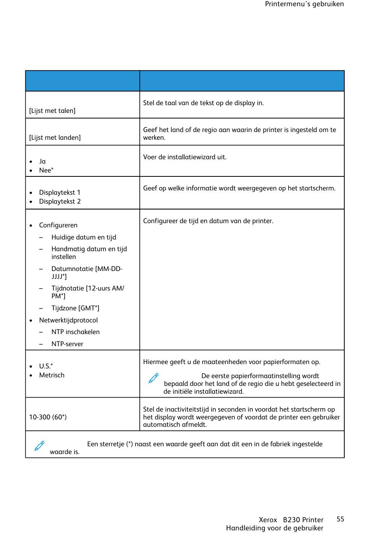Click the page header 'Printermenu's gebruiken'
pos(304,4)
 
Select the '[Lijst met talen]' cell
pos(52,111)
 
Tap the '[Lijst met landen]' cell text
pos(55,137)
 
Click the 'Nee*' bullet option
pos(46,170)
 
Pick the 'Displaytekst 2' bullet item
pos(60,201)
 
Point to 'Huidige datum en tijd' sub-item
pos(84,237)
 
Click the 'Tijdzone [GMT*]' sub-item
pos(75,308)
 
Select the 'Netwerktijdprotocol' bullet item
pos(68,320)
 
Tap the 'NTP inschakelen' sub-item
pos(76,332)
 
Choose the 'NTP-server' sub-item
pos(67,344)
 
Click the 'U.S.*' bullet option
pos(46,366)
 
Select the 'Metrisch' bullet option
pos(52,375)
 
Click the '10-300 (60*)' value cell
pos(48,417)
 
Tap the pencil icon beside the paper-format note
pos(153,378)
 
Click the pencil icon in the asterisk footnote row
pos(39,446)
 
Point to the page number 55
pos(340,519)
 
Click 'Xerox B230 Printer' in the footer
pos(291,520)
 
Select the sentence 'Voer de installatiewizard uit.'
pos(185,157)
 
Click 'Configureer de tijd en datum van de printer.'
pos(208,221)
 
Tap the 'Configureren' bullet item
pos(58,225)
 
